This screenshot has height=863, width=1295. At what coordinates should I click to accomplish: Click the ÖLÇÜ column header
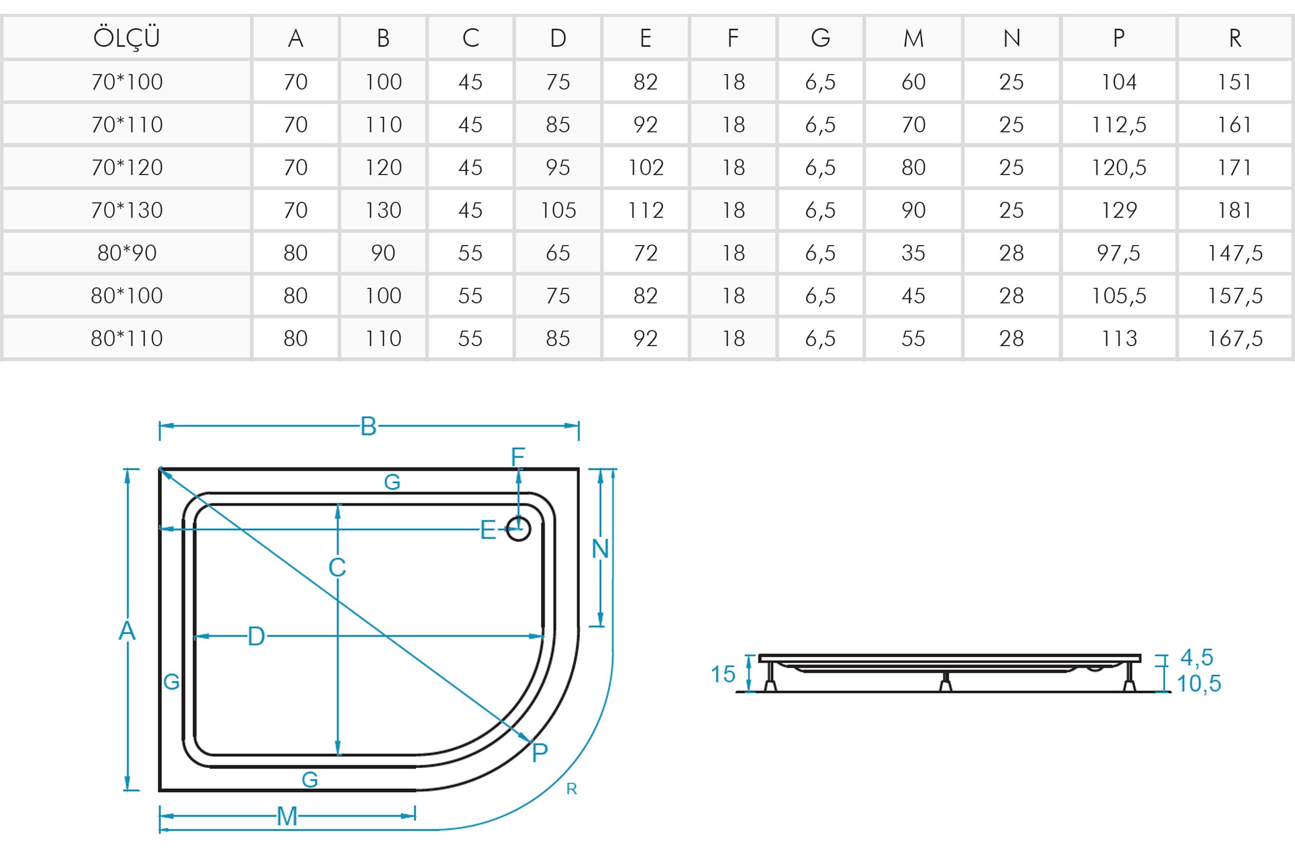tap(127, 38)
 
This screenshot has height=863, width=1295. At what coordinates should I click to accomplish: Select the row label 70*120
tap(127, 167)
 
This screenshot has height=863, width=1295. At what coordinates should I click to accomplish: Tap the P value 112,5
tap(1118, 125)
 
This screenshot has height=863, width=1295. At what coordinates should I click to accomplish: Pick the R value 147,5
tap(1234, 253)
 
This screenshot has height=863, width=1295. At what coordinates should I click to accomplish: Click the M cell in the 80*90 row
tap(913, 253)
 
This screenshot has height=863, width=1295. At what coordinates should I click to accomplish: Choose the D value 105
tap(558, 210)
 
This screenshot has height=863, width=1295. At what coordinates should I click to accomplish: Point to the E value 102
tap(645, 167)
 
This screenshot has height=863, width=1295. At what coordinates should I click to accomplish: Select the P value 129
tap(1118, 210)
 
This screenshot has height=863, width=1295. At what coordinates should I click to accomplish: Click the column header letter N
tap(1012, 38)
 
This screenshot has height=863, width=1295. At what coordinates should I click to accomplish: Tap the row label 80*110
tap(127, 339)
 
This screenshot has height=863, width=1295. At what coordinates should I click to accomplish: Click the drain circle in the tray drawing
tap(518, 529)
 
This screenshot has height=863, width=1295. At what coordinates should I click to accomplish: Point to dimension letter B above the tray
tap(368, 426)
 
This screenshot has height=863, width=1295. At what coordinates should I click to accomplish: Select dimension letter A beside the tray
tap(127, 631)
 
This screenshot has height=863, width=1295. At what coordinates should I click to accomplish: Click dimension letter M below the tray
tap(287, 816)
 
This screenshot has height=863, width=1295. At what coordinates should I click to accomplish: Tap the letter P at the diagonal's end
tap(540, 752)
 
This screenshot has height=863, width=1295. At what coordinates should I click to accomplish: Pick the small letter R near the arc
tap(572, 789)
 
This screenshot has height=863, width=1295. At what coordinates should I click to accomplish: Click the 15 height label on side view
tap(723, 674)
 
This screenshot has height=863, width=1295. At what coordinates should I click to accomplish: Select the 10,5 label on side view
tap(1198, 684)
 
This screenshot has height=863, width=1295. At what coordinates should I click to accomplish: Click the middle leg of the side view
tap(946, 681)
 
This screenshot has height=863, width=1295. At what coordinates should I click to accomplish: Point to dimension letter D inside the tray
tap(256, 637)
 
